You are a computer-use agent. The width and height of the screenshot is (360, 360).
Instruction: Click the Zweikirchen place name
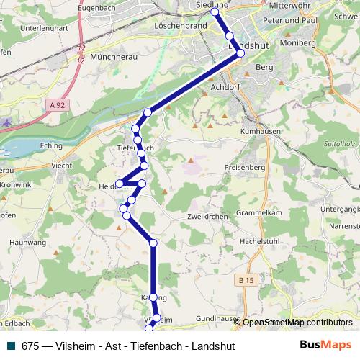pyautogui.click(x=207, y=216)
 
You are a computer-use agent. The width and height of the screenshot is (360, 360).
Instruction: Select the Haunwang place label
pyautogui.click(x=27, y=243)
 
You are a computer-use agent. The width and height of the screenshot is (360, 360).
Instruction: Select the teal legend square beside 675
pyautogui.click(x=10, y=345)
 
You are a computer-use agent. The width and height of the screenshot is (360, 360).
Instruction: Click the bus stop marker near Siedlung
pyautogui.click(x=214, y=12)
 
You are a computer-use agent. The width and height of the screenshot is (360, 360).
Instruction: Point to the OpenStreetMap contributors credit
pyautogui.click(x=297, y=323)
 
